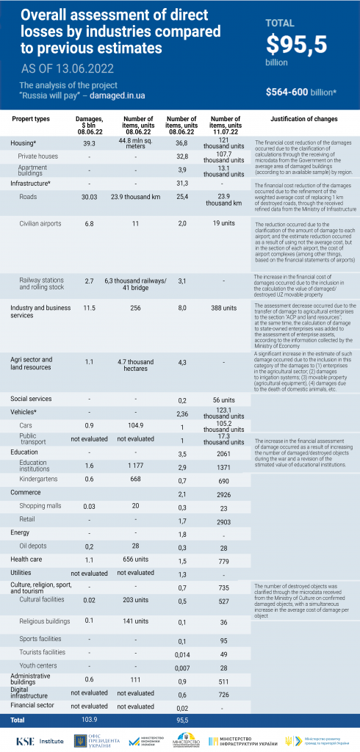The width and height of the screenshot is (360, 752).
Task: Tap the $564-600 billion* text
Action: point(301,93)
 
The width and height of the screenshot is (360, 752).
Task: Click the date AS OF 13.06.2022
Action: point(68,69)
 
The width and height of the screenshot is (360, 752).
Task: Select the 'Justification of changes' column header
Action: point(303,119)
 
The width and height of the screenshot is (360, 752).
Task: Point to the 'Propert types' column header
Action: point(32,119)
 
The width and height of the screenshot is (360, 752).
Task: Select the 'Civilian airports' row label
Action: point(40,223)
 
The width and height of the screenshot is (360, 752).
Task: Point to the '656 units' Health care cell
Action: point(136,560)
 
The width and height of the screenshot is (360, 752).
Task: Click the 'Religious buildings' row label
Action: point(48,620)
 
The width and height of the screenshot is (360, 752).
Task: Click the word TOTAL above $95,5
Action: point(280,23)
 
